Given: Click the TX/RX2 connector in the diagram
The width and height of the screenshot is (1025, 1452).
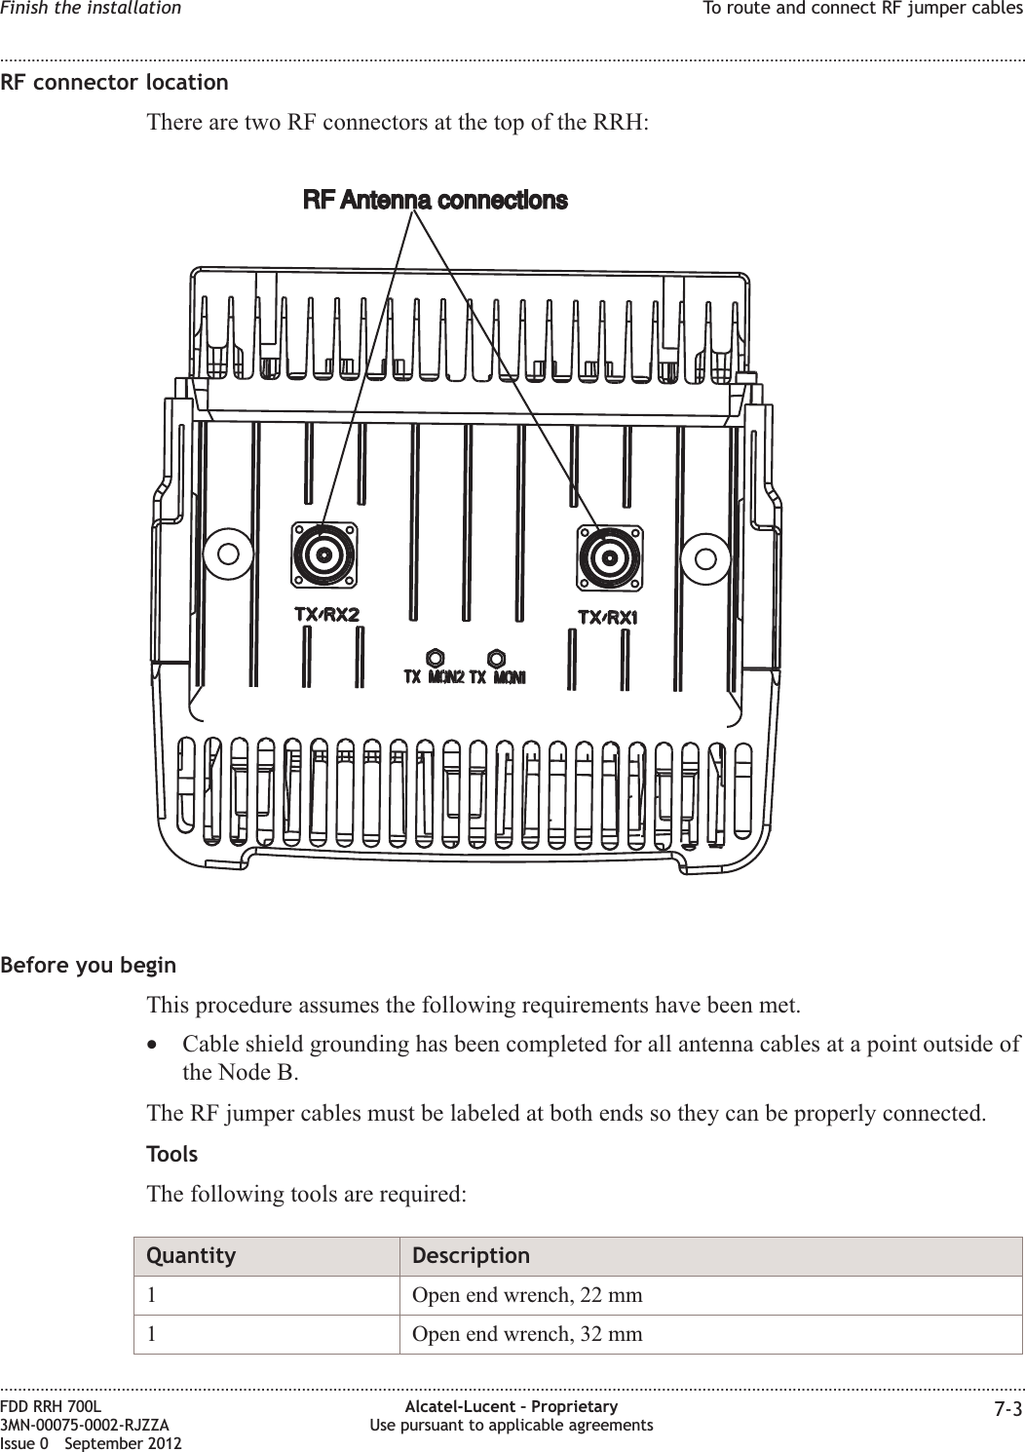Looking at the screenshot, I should (323, 555).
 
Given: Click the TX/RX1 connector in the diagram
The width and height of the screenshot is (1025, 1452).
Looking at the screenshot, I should (610, 558).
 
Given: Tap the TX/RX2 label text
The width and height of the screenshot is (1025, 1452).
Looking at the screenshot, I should (326, 615).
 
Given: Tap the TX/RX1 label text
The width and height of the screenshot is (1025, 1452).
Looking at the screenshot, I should (608, 618).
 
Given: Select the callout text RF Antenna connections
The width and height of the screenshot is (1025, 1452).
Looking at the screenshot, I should (436, 201).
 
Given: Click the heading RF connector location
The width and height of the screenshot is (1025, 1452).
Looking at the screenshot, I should (115, 82).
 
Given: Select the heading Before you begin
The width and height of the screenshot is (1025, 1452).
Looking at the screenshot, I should (89, 966).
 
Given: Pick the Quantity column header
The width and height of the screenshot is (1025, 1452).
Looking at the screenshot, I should (191, 1255).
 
